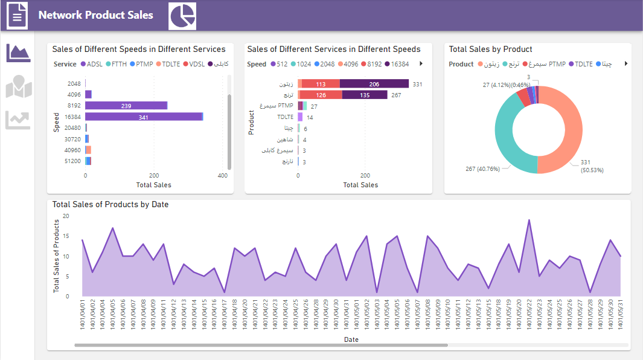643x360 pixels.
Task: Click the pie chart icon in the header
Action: click(182, 16)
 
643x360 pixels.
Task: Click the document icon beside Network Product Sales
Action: click(17, 16)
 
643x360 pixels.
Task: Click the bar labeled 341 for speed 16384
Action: click(143, 117)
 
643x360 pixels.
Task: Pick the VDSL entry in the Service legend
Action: click(194, 64)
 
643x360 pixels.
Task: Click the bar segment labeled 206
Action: click(374, 85)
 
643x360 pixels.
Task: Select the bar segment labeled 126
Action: click(321, 95)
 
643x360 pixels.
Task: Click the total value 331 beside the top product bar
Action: click(417, 85)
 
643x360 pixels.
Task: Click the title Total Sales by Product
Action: click(490, 50)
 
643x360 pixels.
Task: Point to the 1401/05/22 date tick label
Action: click(529, 313)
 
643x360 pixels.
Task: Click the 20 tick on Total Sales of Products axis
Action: click(66, 216)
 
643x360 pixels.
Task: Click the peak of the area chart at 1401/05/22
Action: click(529, 220)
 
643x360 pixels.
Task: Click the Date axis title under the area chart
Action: click(351, 339)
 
